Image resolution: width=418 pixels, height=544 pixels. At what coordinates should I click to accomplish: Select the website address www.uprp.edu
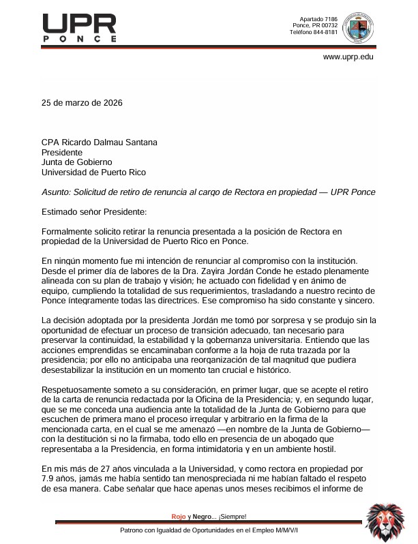[x=348, y=57]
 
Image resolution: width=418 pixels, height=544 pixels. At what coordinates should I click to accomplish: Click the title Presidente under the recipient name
[x=62, y=153]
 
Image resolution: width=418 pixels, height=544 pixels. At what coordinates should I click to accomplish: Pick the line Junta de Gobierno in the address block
[x=76, y=163]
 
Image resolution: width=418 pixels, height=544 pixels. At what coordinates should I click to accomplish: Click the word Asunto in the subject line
[x=56, y=193]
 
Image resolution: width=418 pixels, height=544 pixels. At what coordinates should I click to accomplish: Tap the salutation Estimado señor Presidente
[x=89, y=213]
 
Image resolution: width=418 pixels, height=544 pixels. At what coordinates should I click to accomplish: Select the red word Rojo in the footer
[x=178, y=516]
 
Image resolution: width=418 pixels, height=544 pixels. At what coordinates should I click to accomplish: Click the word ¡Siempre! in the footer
[x=233, y=516]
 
